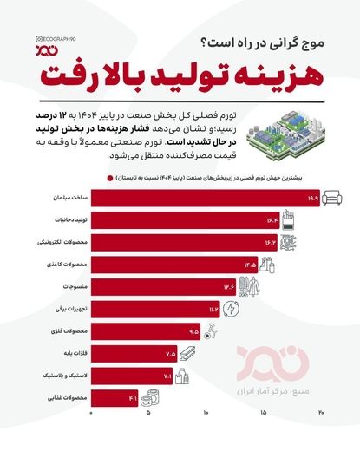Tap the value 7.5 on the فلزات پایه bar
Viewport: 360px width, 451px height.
169,353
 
